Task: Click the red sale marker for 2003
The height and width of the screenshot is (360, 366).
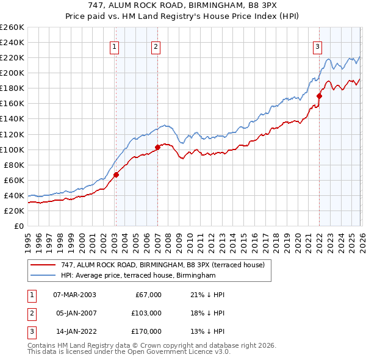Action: (x=116, y=175)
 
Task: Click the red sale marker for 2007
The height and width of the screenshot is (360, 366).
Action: (x=157, y=147)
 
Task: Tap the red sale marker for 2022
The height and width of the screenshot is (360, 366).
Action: (x=319, y=96)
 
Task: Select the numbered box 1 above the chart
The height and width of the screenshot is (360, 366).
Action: (x=115, y=46)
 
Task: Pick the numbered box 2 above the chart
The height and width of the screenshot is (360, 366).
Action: (x=156, y=46)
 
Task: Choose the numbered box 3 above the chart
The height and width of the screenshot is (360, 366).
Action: (x=318, y=46)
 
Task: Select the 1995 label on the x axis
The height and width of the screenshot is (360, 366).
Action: (x=28, y=240)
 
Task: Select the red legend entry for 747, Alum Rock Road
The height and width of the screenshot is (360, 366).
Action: (x=162, y=265)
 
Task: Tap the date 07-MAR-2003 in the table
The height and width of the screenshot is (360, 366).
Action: (x=74, y=295)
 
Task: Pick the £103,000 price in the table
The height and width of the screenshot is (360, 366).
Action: (x=147, y=313)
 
